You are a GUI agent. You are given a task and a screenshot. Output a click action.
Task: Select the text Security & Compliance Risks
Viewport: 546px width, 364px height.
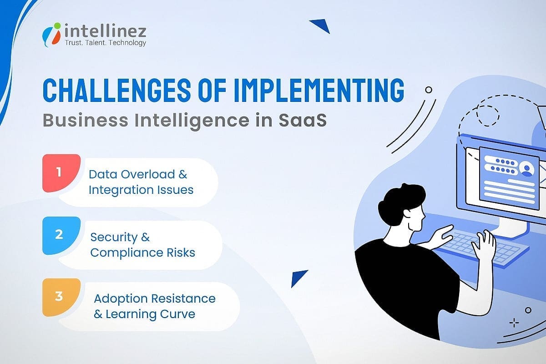coord(142,244)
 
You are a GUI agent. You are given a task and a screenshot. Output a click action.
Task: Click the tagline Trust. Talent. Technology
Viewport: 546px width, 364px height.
coord(106,43)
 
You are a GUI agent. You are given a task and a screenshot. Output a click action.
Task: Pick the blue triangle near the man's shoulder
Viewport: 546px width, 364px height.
coord(299,277)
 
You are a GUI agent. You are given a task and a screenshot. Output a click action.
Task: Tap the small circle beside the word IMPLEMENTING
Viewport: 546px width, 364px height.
coord(428,90)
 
